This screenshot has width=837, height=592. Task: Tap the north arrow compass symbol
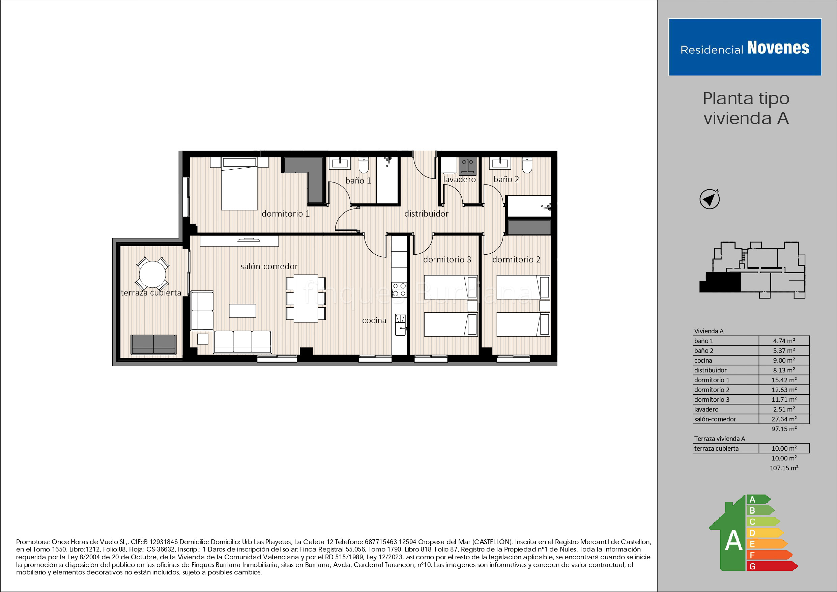(x=709, y=199)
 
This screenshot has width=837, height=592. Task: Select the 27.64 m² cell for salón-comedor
(x=784, y=419)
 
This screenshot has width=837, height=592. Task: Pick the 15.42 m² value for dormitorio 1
(x=784, y=380)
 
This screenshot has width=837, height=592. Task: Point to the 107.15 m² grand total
(x=784, y=468)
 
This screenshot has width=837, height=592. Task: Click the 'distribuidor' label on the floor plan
(x=426, y=214)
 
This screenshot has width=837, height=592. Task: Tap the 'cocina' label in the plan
(x=374, y=320)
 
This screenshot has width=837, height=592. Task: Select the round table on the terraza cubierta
(x=152, y=274)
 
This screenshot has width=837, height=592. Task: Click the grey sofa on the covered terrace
(x=153, y=344)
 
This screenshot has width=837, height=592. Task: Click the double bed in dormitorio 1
(x=239, y=184)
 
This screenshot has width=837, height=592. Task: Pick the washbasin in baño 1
(x=340, y=163)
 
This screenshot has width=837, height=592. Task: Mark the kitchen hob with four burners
(x=399, y=290)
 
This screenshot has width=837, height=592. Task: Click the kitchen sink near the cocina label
(x=400, y=324)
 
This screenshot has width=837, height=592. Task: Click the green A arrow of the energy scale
(x=757, y=499)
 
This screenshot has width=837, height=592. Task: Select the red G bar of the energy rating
(x=771, y=566)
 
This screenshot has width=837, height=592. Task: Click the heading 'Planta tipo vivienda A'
(x=746, y=108)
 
